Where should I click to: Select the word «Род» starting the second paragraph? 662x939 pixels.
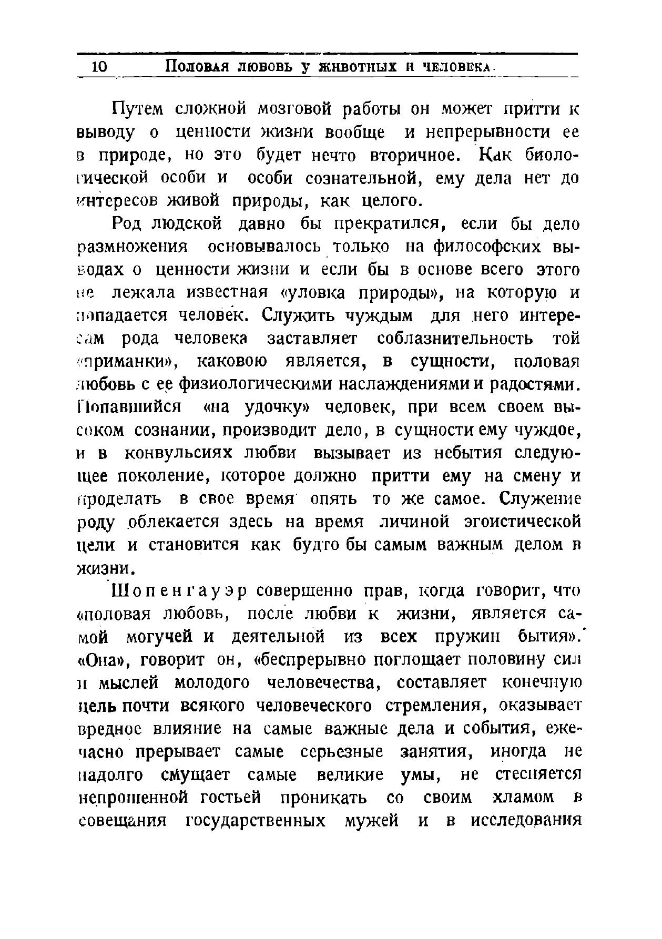point(126,224)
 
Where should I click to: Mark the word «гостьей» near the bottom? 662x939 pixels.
point(230,798)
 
